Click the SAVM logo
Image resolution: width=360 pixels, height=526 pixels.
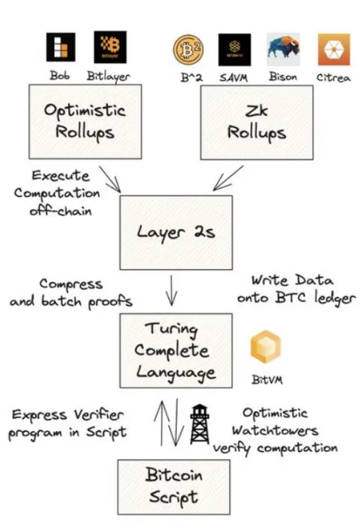pos(234,49)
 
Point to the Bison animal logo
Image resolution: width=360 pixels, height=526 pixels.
pos(283,49)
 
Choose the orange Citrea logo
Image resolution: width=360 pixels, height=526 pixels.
pos(333,49)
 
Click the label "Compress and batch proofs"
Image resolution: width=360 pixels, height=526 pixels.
pos(72,293)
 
